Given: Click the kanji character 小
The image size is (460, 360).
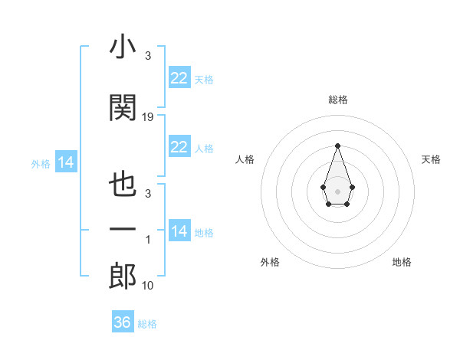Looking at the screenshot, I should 123,47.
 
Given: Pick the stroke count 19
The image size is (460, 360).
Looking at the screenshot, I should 148,117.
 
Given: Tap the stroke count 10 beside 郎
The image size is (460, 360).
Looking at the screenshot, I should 148,286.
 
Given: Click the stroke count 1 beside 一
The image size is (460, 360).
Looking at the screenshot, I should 148,240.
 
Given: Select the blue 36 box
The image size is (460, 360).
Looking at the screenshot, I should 123,322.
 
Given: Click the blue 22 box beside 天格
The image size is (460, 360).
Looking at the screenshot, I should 179,78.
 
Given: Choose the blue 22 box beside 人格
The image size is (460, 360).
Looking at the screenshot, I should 179,147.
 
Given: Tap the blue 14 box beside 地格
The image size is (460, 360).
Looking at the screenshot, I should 179,231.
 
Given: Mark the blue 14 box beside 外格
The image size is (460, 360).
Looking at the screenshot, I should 65,162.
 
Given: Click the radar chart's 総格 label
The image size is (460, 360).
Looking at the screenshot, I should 337,100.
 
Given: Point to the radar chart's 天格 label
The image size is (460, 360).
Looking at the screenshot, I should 432,159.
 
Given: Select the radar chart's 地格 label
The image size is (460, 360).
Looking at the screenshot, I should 402,262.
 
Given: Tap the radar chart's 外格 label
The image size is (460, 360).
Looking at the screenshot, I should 270,262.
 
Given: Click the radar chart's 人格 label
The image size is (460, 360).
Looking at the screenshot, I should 245,159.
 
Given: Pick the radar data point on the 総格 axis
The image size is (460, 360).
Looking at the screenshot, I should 337,145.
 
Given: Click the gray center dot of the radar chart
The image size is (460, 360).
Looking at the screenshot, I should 337,191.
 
